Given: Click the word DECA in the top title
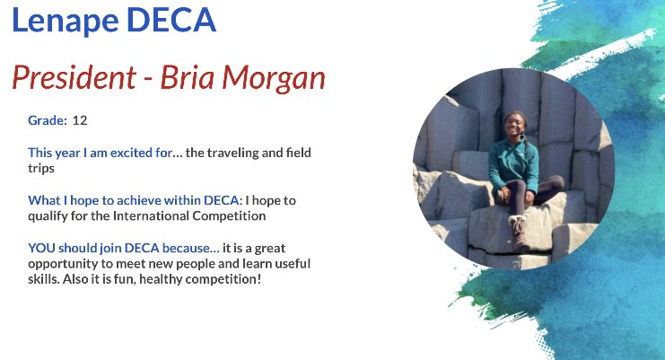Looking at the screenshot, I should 169,22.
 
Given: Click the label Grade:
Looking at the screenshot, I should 48,119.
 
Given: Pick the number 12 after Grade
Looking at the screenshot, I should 80,119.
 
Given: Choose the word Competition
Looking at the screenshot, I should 238,215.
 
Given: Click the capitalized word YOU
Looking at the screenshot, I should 41,248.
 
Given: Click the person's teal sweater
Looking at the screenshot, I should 512,162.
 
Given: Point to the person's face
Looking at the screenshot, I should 514,127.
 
